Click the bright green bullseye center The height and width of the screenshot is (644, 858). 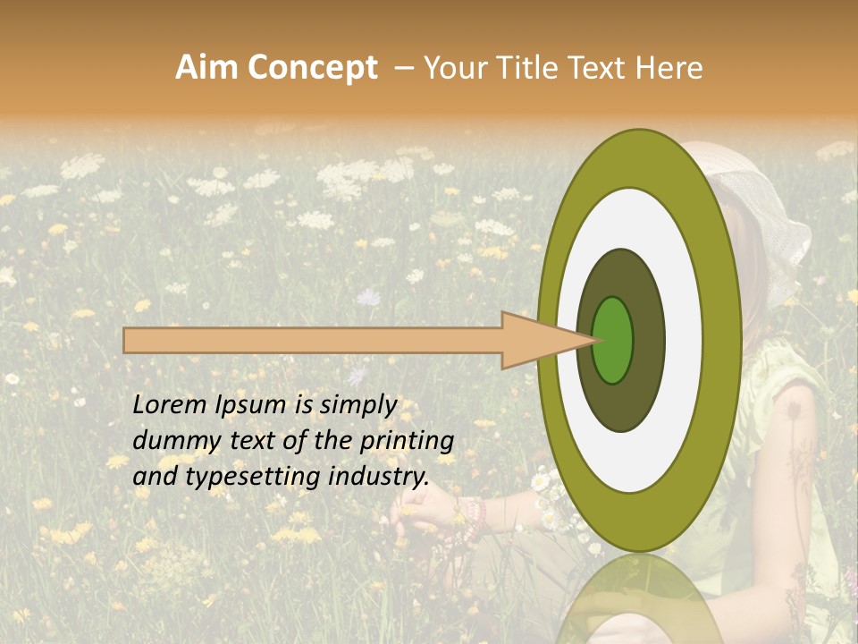(613, 340)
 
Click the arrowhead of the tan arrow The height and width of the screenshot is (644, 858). (536, 341)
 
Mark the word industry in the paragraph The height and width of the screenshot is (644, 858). (379, 477)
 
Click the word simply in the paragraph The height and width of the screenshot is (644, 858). (357, 405)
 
